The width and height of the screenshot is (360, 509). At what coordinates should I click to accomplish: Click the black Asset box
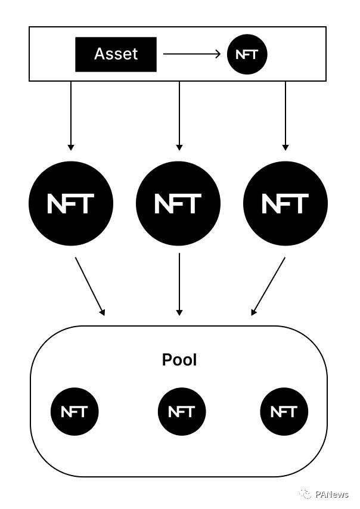[x=116, y=54]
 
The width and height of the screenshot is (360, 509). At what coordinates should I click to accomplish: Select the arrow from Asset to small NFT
[x=191, y=54]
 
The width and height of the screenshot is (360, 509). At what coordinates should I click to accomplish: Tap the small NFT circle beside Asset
[x=247, y=54]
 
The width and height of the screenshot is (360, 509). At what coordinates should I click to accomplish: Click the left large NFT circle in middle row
[x=71, y=203]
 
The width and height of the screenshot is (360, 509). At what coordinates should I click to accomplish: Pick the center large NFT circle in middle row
[x=178, y=203]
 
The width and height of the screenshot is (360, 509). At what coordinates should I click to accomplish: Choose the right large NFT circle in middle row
[x=285, y=203]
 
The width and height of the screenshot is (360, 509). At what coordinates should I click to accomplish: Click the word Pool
[x=179, y=360]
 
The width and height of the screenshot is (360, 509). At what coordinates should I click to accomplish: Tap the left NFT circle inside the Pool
[x=74, y=411]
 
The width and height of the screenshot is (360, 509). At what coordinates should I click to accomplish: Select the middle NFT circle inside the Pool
[x=181, y=411]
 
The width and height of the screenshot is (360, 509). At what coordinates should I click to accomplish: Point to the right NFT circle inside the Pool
[x=284, y=411]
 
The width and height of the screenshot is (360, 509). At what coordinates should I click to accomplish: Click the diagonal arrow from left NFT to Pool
[x=89, y=286]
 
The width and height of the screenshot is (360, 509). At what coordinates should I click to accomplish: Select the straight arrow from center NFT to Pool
[x=179, y=285]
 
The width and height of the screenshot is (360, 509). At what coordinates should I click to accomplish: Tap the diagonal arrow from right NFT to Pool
[x=269, y=286]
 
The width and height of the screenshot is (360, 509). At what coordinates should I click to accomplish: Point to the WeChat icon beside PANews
[x=305, y=494]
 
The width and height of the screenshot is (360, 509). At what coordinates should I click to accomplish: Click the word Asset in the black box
[x=116, y=54]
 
